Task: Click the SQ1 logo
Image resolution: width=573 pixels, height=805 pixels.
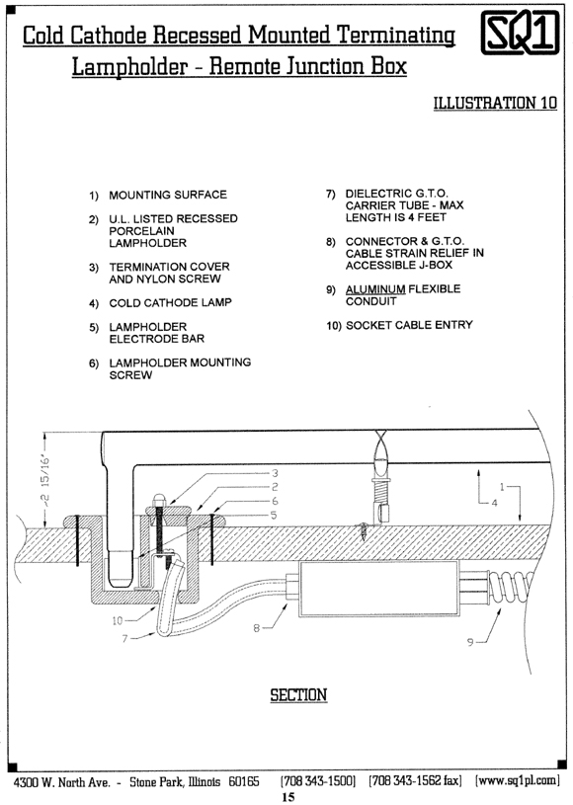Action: coord(520,32)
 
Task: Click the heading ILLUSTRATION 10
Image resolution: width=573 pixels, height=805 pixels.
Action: coord(495,103)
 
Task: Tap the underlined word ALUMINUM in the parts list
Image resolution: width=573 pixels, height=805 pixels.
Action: coord(375,289)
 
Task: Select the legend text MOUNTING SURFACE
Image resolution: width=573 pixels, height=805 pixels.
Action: coord(168,196)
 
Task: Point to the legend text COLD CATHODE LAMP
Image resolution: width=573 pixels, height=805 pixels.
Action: coord(171,303)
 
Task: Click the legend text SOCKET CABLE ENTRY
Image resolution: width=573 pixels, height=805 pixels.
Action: coord(409,325)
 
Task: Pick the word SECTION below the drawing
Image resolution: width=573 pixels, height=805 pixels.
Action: coord(298,695)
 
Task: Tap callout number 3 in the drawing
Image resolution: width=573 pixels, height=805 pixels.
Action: coord(275,473)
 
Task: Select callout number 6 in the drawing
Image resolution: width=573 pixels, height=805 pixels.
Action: coord(275,501)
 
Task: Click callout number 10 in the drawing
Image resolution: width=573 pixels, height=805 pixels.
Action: coord(118,620)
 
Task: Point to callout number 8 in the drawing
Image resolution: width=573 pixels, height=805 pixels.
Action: coord(256,627)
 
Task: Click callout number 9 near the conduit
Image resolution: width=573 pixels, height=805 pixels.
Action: coord(470,642)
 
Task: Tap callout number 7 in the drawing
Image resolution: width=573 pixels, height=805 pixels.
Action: coord(124,639)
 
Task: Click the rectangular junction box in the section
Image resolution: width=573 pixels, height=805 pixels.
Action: coord(379,589)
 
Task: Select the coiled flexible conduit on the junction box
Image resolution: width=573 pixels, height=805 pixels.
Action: coord(512,587)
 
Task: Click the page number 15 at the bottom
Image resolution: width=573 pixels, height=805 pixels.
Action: coord(288,797)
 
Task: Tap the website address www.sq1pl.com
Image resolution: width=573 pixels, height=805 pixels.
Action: coord(517,781)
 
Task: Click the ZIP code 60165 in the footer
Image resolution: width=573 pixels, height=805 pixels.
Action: coord(244,781)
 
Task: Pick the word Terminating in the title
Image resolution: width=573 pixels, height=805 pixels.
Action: coord(396,36)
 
